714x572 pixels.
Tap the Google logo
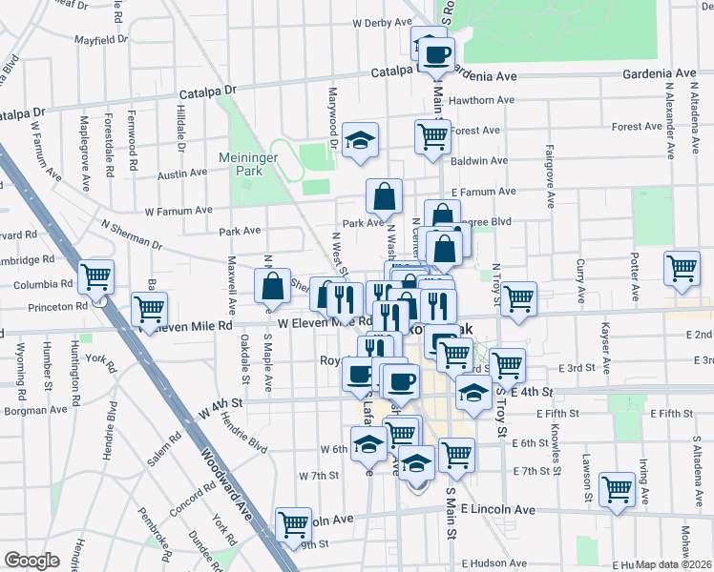(x=31, y=561)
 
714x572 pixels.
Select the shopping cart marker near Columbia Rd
(x=96, y=277)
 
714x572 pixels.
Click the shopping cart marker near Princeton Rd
(x=150, y=310)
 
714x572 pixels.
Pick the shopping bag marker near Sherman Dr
(x=273, y=285)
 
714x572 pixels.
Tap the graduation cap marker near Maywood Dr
(x=361, y=141)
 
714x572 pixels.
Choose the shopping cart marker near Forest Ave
(x=433, y=136)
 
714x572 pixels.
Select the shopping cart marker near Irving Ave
(x=618, y=489)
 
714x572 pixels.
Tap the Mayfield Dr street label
(x=102, y=40)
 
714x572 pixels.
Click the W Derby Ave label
(x=381, y=22)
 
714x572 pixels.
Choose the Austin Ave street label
(x=182, y=174)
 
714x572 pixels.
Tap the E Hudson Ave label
(x=498, y=563)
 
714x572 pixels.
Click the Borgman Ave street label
(x=36, y=411)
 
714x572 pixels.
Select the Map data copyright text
(x=672, y=564)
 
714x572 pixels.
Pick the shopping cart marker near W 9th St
(x=293, y=523)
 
